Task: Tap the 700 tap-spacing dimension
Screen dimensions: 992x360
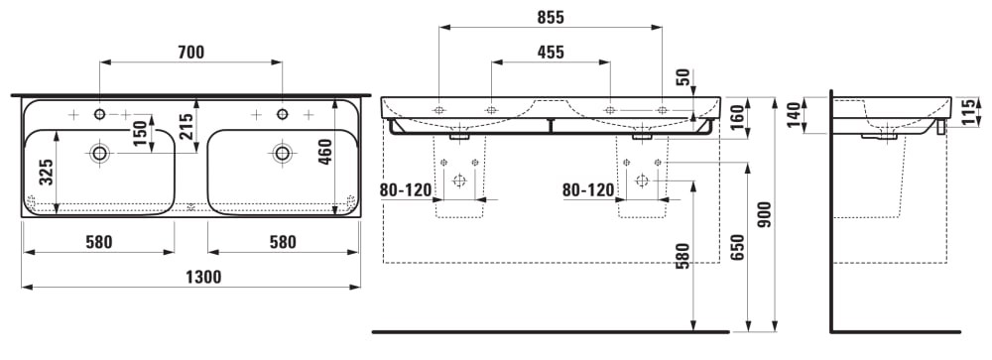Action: point(191,53)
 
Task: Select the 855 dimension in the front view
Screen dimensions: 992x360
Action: point(551,18)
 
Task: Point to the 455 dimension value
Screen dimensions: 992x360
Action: point(551,52)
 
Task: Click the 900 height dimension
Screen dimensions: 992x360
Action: point(764,214)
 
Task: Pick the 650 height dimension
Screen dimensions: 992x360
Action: point(736,248)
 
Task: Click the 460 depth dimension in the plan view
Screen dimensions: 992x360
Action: point(324,152)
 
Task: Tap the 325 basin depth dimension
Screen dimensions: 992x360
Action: point(47,173)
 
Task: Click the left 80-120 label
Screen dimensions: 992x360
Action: point(406,189)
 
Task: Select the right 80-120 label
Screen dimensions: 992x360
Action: point(587,189)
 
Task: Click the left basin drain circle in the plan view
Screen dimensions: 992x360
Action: point(99,153)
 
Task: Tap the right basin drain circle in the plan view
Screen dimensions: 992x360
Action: point(282,153)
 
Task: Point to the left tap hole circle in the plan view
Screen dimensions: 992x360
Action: point(99,114)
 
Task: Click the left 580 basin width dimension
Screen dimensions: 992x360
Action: point(98,242)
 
